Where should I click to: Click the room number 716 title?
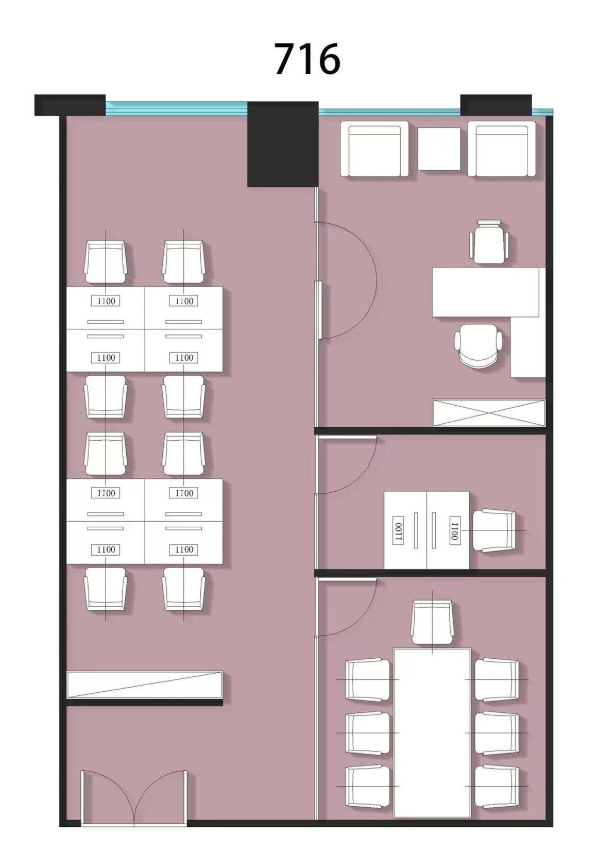(307, 59)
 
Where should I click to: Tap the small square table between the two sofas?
(439, 149)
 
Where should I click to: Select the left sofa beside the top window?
(374, 149)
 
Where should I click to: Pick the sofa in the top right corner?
(502, 149)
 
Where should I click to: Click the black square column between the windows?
(283, 144)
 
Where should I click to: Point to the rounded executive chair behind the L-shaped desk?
(478, 345)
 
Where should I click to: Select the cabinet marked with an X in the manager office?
(489, 413)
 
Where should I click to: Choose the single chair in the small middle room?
(494, 531)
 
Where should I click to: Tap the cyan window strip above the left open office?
(177, 109)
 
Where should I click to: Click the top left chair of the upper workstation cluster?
(106, 262)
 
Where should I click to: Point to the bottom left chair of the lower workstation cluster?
(106, 589)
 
